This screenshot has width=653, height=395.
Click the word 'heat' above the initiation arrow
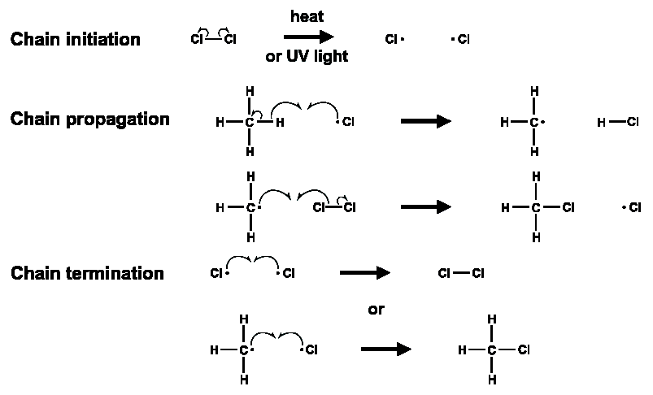coord(307,16)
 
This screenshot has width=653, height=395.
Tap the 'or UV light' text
coord(307,56)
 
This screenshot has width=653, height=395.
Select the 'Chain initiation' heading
coord(76,39)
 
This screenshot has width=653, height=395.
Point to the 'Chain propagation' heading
coord(90,119)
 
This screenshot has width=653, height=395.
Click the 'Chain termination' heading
coord(87,273)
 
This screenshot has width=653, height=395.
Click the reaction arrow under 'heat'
coord(308,37)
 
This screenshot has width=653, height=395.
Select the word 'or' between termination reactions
coord(376,310)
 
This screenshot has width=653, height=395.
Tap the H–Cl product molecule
coord(617,122)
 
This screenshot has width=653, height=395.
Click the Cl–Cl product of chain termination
coord(461,273)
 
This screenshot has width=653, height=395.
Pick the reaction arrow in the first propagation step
coord(426,122)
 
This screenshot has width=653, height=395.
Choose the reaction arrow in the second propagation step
coord(426,207)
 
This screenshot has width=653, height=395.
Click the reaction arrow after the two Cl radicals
coord(365,273)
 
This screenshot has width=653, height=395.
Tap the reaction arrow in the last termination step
coord(386,349)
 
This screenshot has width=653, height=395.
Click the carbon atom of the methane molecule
coord(249,123)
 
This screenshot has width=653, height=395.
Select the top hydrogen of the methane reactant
coord(250,91)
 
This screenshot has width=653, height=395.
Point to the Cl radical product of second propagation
coord(632,207)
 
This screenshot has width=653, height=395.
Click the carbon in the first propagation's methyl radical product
coord(534,123)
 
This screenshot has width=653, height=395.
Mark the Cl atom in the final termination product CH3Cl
coord(524,349)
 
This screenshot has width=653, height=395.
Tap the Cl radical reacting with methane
coord(346,122)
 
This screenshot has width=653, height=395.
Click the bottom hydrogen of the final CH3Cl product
coord(492,380)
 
